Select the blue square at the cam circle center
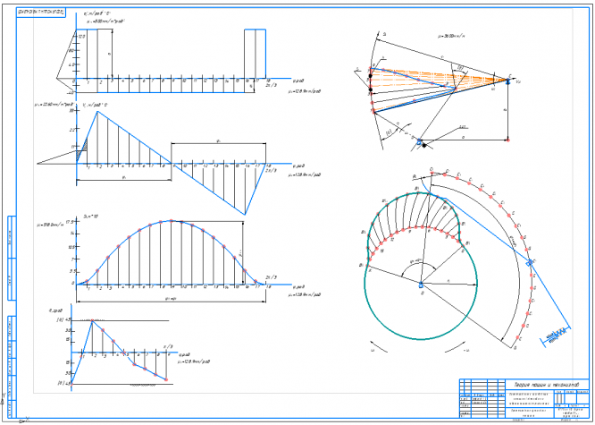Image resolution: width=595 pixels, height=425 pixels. pyautogui.click(x=420, y=285)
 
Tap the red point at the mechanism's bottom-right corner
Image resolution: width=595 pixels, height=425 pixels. pyautogui.click(x=507, y=140)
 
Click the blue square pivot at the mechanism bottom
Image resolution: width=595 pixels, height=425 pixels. pyautogui.click(x=418, y=141)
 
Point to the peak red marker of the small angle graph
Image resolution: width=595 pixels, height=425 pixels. pyautogui.click(x=91, y=320)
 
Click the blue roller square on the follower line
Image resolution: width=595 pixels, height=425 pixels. pyautogui.click(x=531, y=262)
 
